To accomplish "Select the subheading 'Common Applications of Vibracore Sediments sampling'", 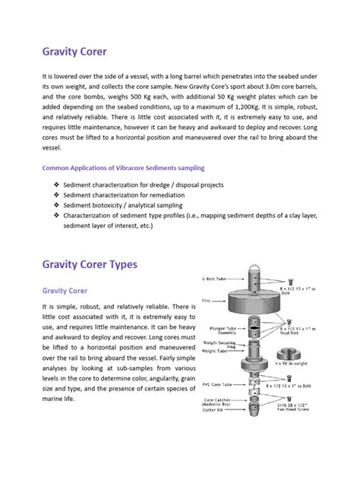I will click(122, 167).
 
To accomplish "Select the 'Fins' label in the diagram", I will click(207, 301).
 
